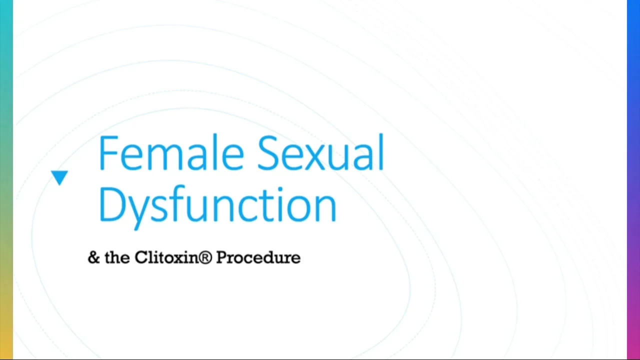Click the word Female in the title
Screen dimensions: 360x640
170,152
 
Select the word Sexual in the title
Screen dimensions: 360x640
320,152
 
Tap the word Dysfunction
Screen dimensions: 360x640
217,205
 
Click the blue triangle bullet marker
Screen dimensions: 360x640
59,177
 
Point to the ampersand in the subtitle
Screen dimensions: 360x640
93,257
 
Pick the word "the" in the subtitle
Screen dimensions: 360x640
117,257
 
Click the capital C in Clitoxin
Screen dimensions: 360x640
140,257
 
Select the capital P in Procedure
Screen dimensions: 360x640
221,257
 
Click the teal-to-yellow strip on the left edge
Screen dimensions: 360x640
6,180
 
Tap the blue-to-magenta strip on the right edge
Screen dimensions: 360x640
633,180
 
